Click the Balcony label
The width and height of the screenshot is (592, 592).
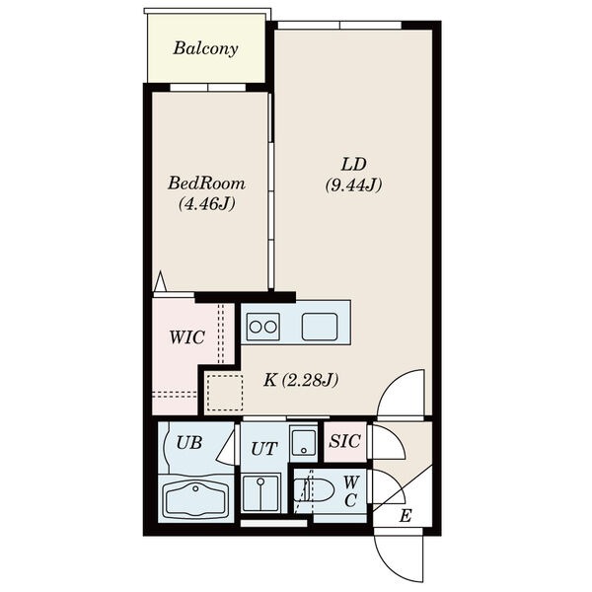tap(206, 48)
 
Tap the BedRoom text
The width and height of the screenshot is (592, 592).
tap(206, 184)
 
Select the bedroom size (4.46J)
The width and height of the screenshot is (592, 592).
tap(207, 204)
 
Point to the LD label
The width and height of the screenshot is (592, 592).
tap(354, 165)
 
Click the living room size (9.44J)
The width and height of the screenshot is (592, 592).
tap(354, 185)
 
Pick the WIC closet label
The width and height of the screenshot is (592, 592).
tap(186, 337)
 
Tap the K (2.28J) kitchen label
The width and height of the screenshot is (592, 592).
tap(301, 380)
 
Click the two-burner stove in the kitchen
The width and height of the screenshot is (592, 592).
tap(263, 327)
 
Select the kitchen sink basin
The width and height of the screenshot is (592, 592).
tap(320, 327)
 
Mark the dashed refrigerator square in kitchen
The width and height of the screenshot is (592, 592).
tap(225, 393)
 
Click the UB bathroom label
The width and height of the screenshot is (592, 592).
tap(189, 442)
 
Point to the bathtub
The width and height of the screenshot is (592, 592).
tap(195, 499)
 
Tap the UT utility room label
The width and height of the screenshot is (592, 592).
tap(264, 449)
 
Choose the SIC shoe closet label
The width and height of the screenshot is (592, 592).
tap(344, 441)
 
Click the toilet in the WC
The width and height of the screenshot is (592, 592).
tap(314, 490)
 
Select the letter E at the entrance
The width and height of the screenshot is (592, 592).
tap(406, 516)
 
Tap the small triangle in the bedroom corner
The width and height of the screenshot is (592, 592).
tap(161, 281)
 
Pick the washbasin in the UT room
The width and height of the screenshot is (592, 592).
tap(260, 492)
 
